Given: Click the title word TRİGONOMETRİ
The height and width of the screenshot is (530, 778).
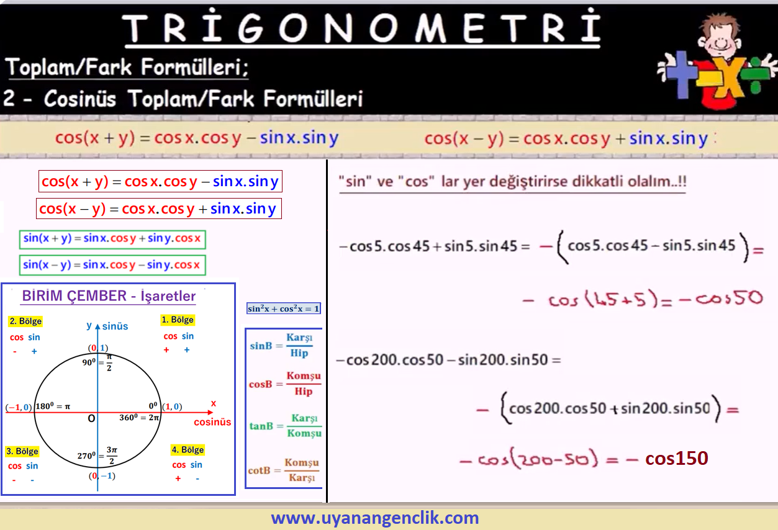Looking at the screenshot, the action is point(362,28).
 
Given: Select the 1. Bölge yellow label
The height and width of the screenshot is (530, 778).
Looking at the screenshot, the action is point(178,320).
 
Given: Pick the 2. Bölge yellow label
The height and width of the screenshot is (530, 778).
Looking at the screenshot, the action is point(25,321).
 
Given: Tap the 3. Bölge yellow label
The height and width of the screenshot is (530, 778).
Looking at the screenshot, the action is point(22,451).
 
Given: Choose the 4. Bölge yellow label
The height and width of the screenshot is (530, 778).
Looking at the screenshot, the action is point(188,450).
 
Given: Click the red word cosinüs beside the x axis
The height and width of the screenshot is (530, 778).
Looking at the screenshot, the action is point(212,422).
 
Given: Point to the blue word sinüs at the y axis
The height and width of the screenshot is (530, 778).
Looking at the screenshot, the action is point(115,326).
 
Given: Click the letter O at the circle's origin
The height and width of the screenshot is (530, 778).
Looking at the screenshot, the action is point(91,418).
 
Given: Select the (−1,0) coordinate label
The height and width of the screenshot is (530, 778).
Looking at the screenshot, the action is point(19,407).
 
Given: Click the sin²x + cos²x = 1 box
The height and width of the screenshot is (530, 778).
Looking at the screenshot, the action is point(283,308).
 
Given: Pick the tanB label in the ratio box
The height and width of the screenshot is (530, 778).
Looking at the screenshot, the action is point(261,426).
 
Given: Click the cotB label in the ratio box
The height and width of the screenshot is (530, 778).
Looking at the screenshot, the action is point(259,470).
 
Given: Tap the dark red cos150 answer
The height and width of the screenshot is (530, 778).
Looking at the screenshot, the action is point(677,458).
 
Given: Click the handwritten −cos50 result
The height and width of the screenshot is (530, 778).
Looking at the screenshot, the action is point(721,299).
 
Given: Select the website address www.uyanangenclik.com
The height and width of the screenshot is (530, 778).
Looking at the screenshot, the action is point(375,518).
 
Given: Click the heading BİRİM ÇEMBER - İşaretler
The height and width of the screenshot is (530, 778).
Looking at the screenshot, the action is point(109,296).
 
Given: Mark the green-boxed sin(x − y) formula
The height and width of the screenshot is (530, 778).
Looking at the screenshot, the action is point(112,265).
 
